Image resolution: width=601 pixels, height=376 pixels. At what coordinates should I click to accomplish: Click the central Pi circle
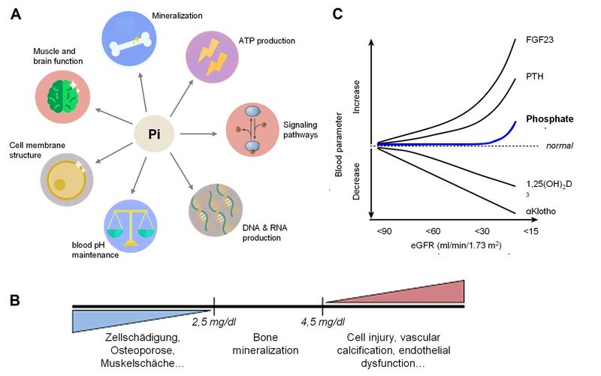[154, 134]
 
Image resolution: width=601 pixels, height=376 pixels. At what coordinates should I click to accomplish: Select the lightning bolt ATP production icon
[212, 57]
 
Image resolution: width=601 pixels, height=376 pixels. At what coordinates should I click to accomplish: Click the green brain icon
[63, 96]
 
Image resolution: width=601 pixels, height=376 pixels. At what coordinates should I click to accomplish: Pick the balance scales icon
[130, 226]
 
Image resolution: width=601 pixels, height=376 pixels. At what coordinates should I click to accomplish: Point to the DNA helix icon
[216, 210]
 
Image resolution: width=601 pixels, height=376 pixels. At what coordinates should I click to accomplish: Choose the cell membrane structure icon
[67, 179]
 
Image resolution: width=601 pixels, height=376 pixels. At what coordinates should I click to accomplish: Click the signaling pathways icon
[252, 130]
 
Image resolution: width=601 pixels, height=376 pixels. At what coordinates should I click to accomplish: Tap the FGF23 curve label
[539, 40]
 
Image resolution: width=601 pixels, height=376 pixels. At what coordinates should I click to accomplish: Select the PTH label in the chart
[535, 77]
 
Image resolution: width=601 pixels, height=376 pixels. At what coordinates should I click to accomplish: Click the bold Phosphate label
[550, 119]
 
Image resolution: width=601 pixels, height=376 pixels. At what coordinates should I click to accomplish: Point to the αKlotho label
[541, 211]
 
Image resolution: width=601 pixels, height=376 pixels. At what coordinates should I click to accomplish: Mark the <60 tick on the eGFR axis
[433, 231]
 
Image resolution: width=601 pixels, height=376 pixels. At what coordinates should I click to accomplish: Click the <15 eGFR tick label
[531, 231]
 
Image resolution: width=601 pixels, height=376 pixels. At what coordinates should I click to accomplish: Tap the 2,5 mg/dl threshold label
[214, 322]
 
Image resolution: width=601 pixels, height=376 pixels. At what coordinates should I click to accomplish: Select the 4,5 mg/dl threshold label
[323, 322]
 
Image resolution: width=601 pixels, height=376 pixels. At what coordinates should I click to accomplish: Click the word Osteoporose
[142, 350]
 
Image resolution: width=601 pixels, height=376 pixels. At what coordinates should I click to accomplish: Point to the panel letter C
[337, 14]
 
